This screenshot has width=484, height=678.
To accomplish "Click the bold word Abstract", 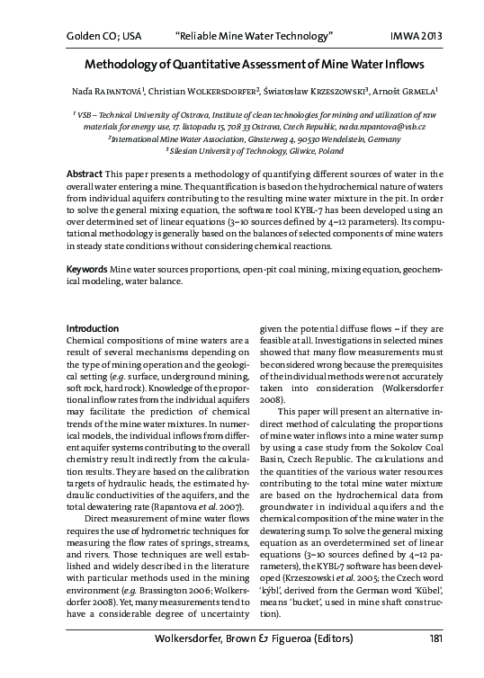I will point(85,172).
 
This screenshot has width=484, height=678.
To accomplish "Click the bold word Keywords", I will point(87,244).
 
